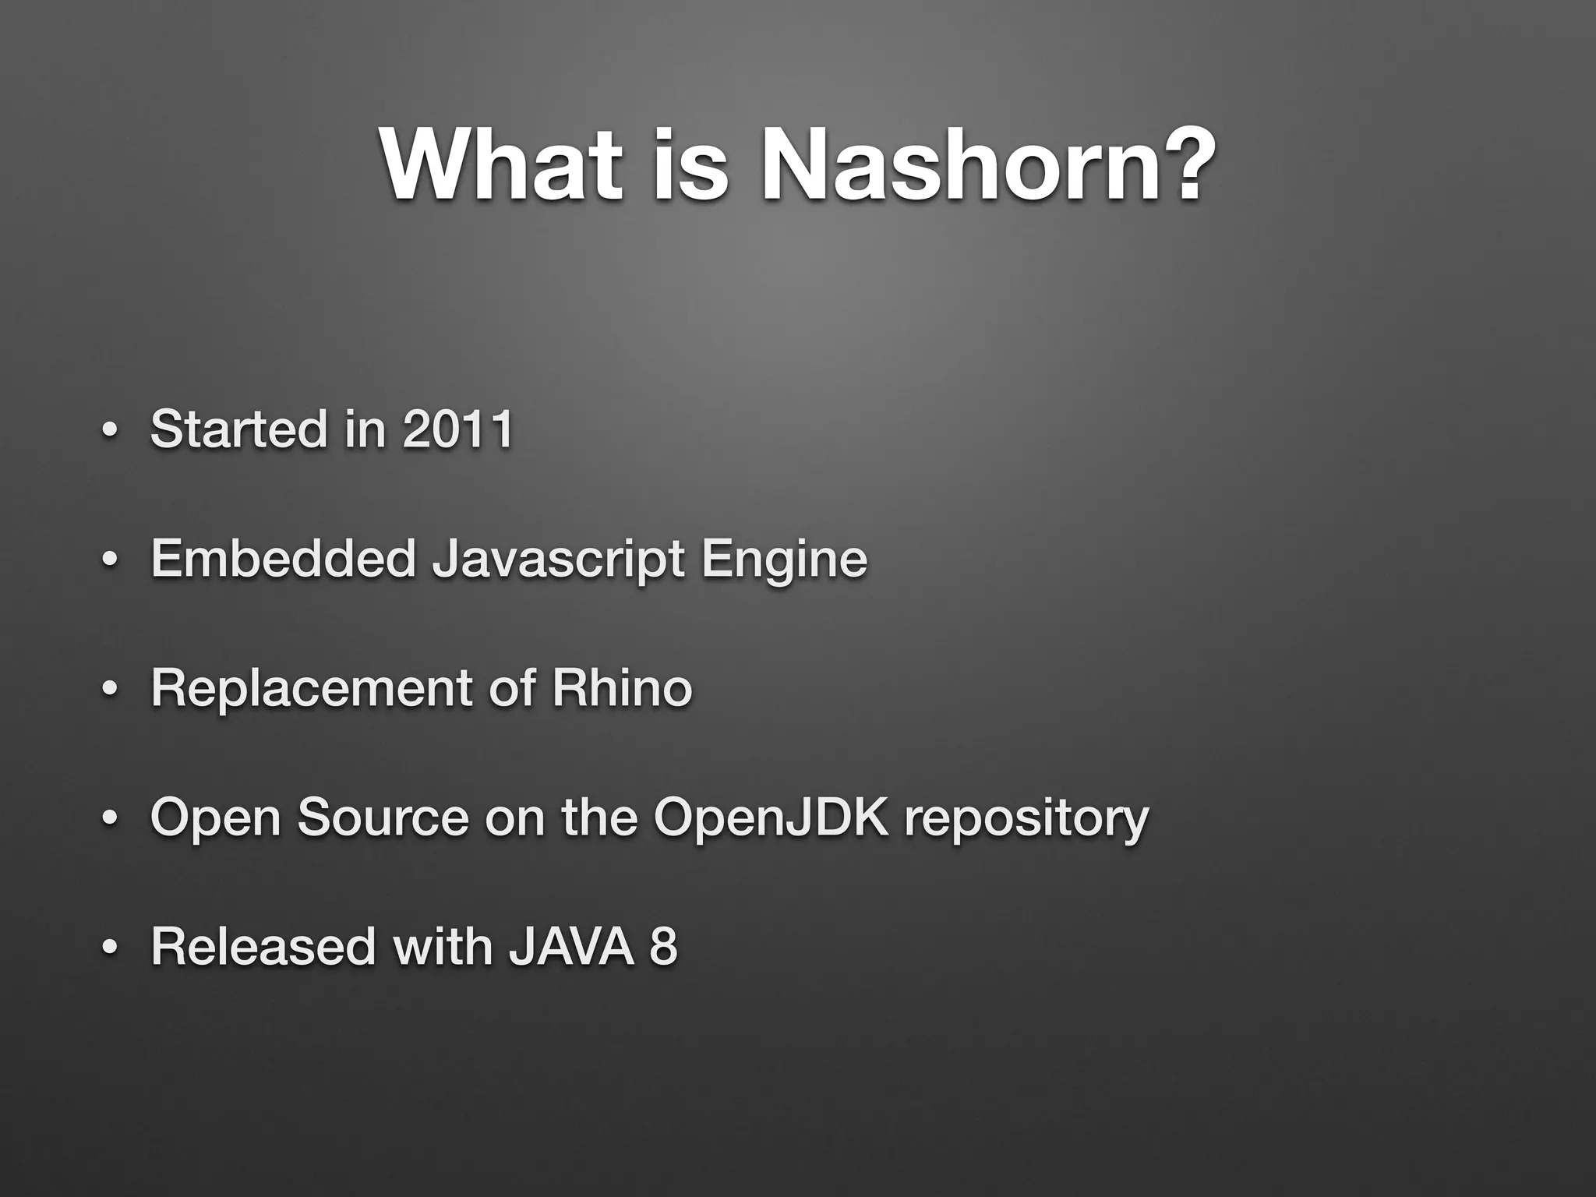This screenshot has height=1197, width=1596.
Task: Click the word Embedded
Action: point(283,559)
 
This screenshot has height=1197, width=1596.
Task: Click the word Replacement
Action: point(312,689)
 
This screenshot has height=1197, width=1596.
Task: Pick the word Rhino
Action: point(622,689)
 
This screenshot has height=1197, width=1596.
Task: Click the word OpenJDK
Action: point(771,817)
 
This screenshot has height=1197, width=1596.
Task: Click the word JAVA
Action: point(571,946)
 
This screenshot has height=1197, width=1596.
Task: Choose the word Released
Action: point(263,946)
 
